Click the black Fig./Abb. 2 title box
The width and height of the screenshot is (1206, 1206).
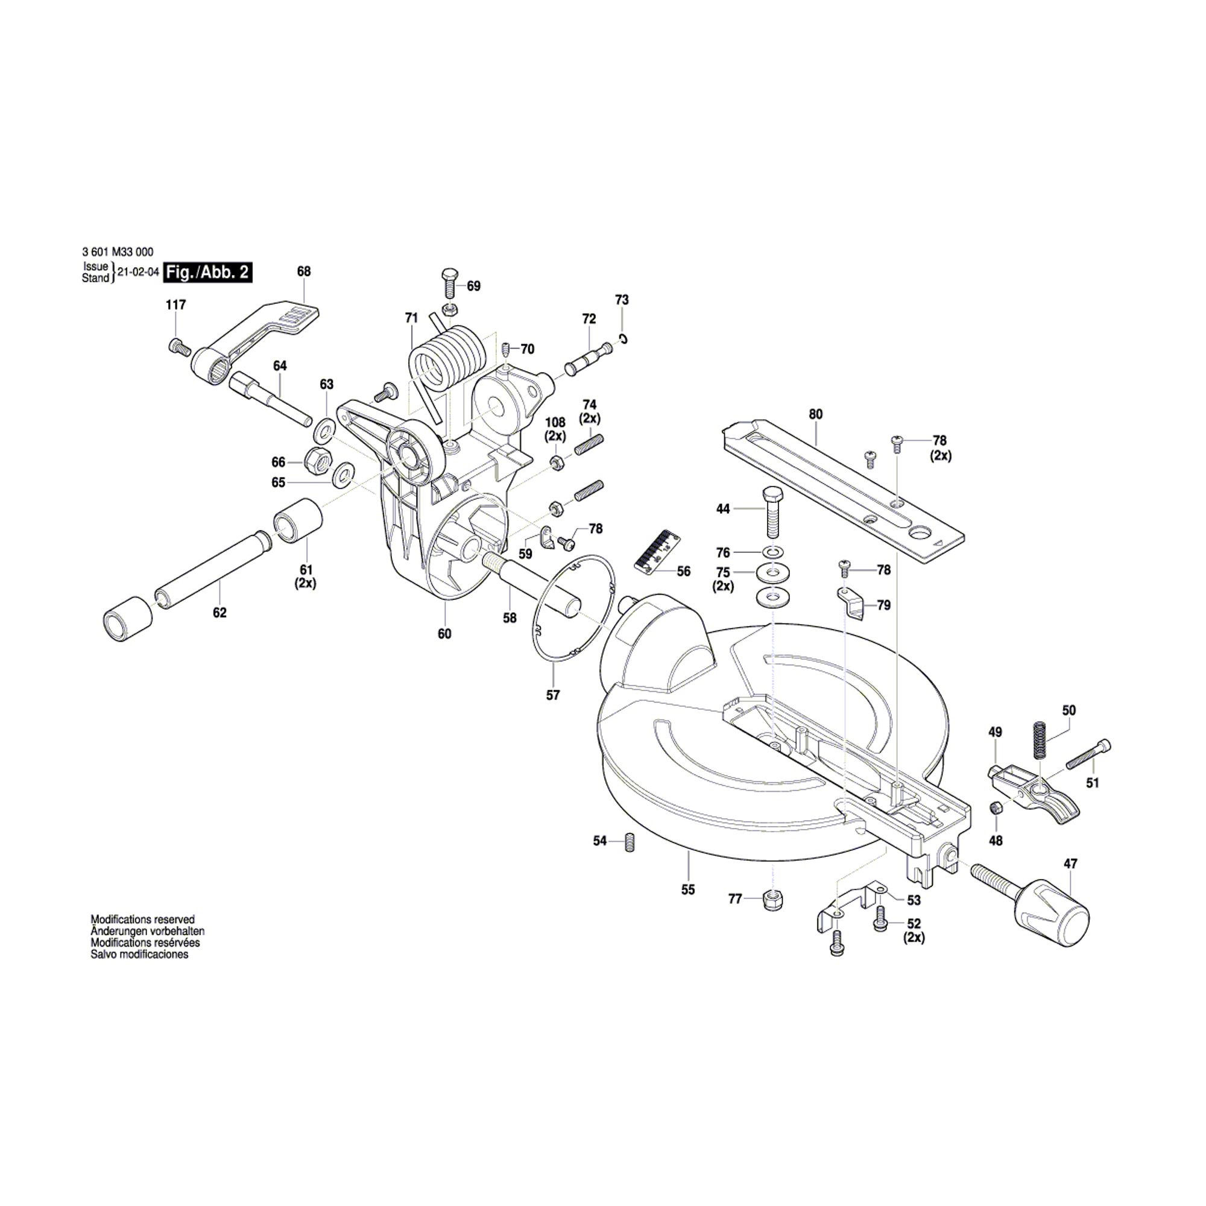pyautogui.click(x=208, y=273)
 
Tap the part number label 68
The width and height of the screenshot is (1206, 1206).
pyautogui.click(x=304, y=271)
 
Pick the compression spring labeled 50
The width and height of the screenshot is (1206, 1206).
pyautogui.click(x=1040, y=740)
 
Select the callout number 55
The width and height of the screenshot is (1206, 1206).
pyautogui.click(x=688, y=889)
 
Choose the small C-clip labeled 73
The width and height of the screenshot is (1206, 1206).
pyautogui.click(x=623, y=339)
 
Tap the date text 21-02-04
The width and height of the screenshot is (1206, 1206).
pyautogui.click(x=138, y=273)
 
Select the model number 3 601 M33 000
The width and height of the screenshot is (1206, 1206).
pyautogui.click(x=118, y=252)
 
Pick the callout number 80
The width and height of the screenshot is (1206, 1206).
pyautogui.click(x=816, y=414)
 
